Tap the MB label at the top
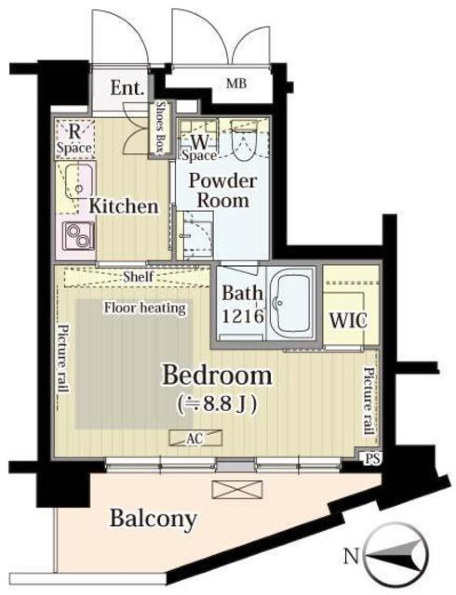(x=236, y=84)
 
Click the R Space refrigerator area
(x=75, y=139)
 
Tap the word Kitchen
(x=124, y=206)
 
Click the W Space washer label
(x=199, y=147)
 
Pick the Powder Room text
(x=223, y=191)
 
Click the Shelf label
(x=138, y=276)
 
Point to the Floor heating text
(x=144, y=308)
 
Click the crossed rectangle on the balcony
(x=237, y=489)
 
